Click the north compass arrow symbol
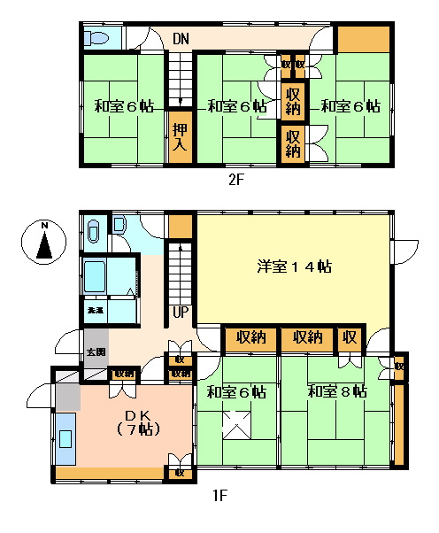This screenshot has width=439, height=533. pyautogui.click(x=42, y=241)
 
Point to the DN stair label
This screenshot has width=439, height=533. pyautogui.click(x=181, y=39)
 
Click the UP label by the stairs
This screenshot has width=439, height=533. pyautogui.click(x=181, y=312)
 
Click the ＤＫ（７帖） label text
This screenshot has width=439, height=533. pyautogui.click(x=136, y=423)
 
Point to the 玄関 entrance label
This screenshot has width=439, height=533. pyautogui.click(x=95, y=352)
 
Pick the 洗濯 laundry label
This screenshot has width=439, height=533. pyautogui.click(x=94, y=312)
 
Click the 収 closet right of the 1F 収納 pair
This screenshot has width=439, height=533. pyautogui.click(x=350, y=337)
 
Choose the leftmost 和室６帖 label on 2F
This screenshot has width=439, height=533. pyautogui.click(x=124, y=106)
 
